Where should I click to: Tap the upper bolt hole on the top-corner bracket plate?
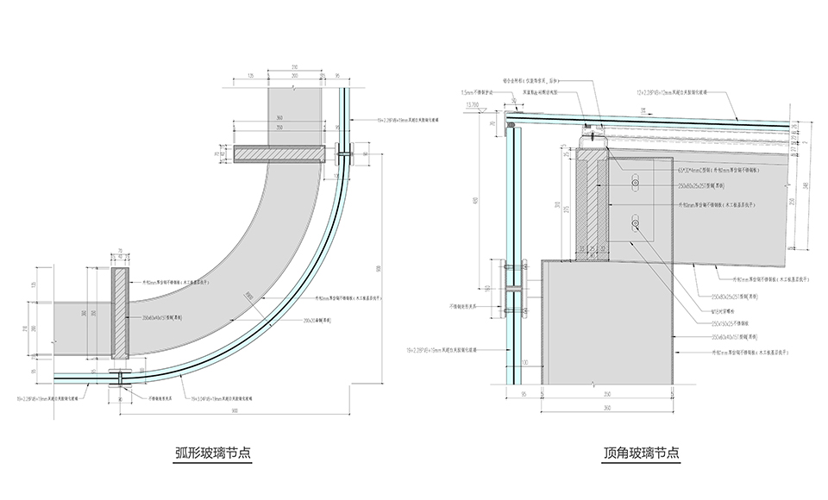(x=636, y=184)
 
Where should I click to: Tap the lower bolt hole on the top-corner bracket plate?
(x=636, y=224)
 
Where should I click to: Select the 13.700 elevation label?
(x=474, y=103)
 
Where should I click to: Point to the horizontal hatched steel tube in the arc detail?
(x=279, y=153)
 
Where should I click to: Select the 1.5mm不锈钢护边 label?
(x=480, y=91)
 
